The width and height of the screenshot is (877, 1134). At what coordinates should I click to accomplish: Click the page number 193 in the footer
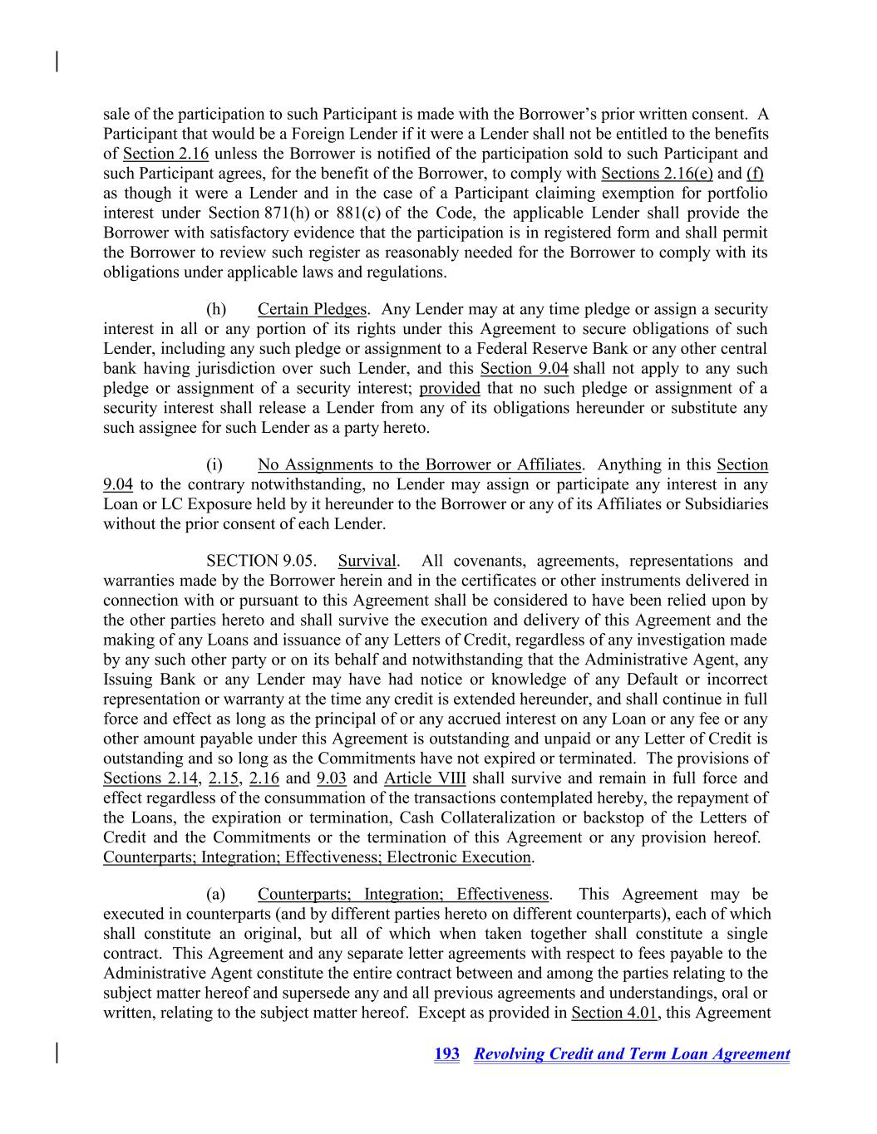click(446, 1054)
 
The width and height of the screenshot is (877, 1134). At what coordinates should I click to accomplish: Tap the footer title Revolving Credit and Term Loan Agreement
click(632, 1054)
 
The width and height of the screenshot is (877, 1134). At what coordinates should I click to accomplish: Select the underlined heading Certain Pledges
click(312, 309)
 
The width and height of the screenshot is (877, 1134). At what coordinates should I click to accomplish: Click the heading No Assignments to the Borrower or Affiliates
click(419, 464)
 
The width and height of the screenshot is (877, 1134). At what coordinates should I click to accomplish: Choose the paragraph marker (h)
click(216, 309)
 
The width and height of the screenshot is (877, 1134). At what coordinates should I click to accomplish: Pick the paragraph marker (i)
click(214, 464)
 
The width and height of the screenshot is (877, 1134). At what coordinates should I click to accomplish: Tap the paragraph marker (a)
click(215, 894)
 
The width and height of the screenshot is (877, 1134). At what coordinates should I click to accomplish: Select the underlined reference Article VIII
click(425, 778)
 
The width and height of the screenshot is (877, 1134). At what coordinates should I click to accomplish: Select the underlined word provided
click(450, 389)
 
